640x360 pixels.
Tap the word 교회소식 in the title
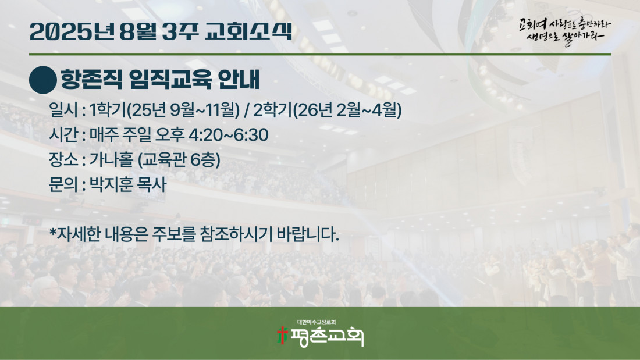(248, 31)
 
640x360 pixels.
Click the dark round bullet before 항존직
(43, 80)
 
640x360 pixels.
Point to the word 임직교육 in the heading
(170, 79)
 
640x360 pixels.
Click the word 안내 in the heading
(239, 79)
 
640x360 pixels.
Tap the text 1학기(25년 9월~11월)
(165, 110)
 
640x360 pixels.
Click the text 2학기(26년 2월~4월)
(328, 110)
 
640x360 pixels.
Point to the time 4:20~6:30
(228, 135)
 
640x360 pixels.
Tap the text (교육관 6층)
(179, 159)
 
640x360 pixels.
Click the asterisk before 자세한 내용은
(52, 231)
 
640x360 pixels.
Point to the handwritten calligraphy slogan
(566, 31)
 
